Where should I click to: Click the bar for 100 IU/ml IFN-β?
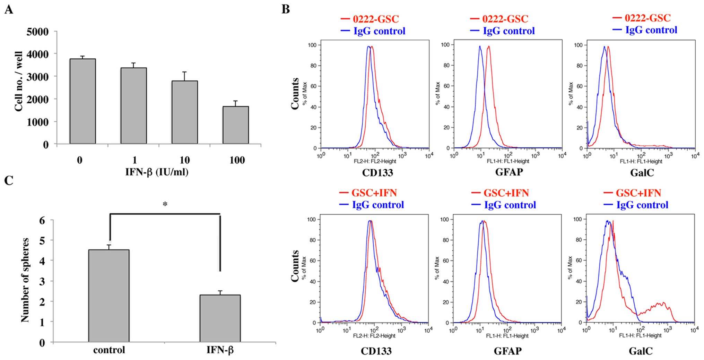pos(235,125)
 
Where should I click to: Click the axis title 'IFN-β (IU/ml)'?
pos(157,171)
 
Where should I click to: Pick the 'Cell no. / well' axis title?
pos(19,82)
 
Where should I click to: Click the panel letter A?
pos(9,9)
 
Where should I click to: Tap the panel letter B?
pos(286,9)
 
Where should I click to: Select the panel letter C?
pos(9,180)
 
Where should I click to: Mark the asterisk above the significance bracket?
pos(165,204)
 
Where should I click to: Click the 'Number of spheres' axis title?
pos(25,280)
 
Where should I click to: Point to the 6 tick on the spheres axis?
pos(42,220)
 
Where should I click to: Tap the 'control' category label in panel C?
pos(109,350)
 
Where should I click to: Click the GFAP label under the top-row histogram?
pos(509,172)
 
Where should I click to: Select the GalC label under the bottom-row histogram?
pos(641,351)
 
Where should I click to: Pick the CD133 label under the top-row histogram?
pos(377,172)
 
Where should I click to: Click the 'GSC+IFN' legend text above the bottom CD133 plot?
pos(374,192)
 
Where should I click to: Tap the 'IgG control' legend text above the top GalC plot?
pos(651,30)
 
